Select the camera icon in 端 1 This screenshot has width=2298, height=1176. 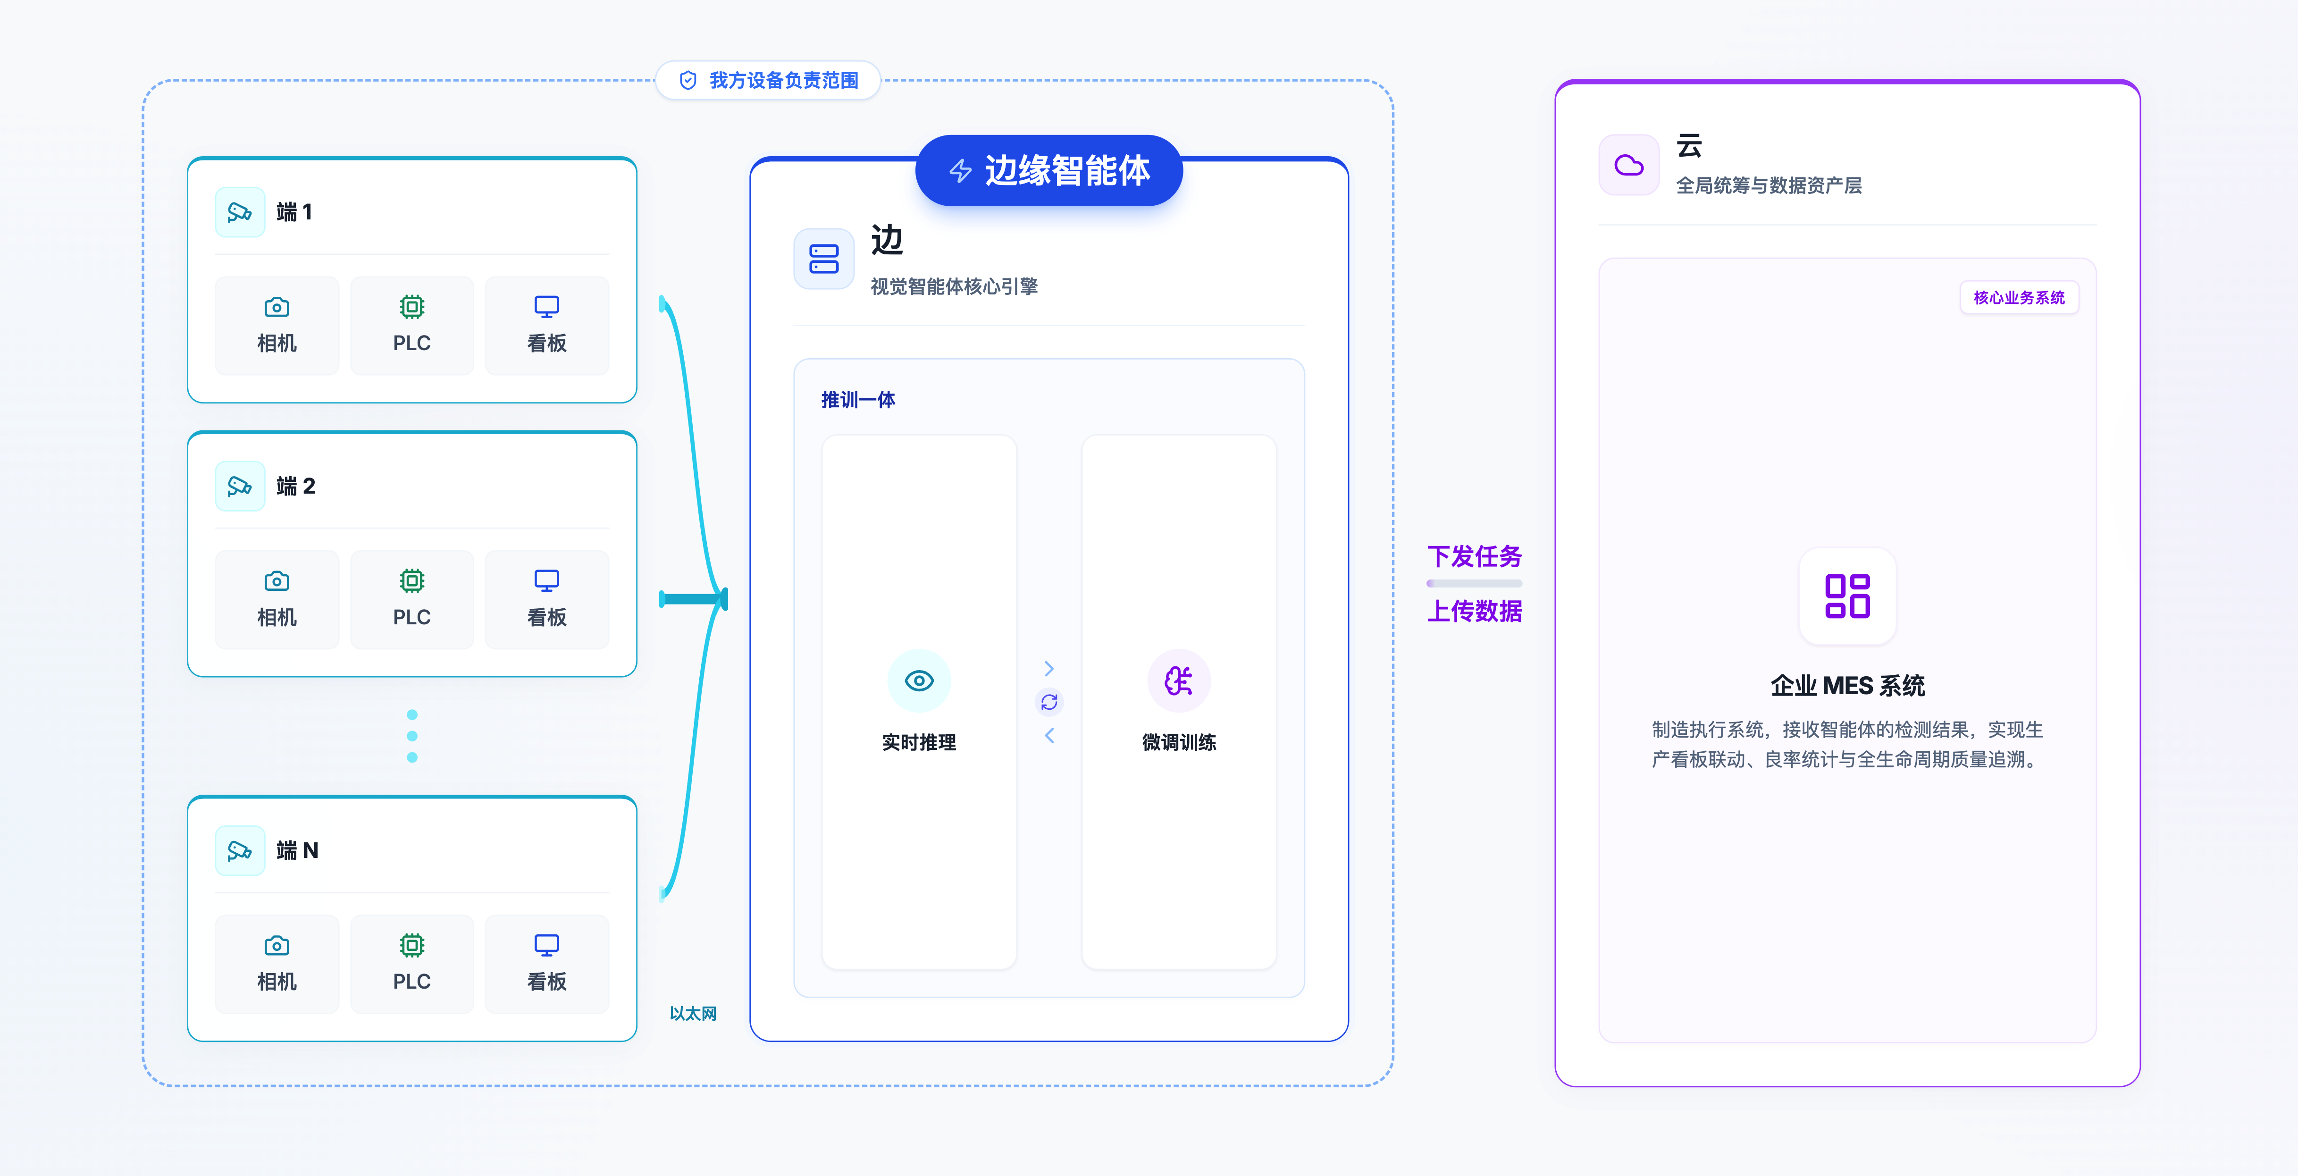coord(277,307)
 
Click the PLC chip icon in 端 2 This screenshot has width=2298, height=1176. coord(411,581)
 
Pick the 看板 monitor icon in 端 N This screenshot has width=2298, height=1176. coord(546,945)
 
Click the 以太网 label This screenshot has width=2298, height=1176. coord(693,1014)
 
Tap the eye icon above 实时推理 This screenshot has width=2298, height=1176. coord(919,681)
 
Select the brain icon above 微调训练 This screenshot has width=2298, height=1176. coord(1178,681)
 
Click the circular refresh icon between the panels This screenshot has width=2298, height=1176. coord(1049,702)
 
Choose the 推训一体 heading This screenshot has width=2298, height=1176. coord(858,400)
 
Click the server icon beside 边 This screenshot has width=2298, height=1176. coord(823,259)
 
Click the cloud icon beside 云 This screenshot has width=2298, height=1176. coord(1629,165)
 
